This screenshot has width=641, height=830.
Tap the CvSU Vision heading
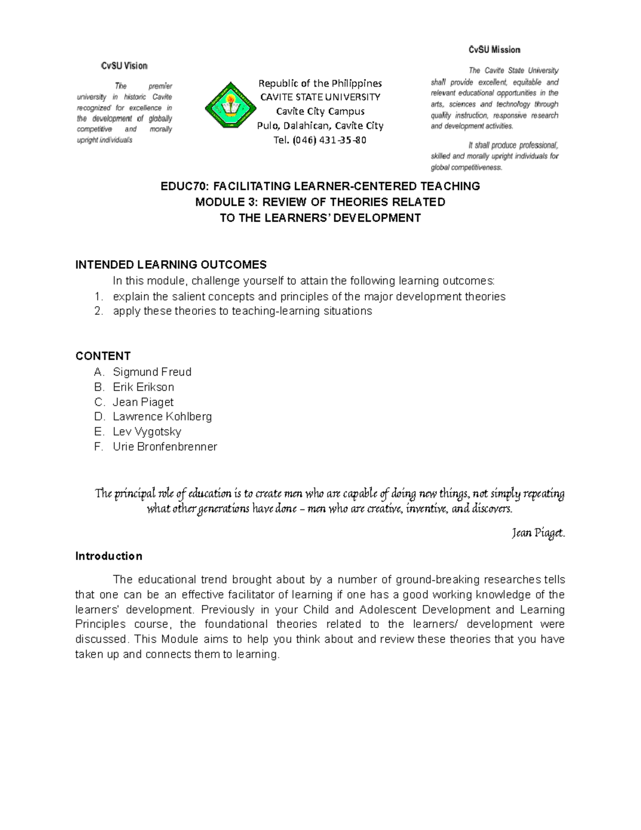(124, 66)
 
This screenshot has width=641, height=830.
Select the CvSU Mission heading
(494, 50)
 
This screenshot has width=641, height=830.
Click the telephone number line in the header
(319, 140)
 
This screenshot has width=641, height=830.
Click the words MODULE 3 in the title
(220, 202)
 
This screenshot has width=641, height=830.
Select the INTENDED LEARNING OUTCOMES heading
(171, 265)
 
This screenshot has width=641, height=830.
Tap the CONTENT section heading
(103, 356)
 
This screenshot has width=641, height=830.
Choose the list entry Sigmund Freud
(152, 372)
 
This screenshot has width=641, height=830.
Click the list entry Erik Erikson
(143, 387)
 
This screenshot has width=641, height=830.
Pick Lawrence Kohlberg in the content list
(162, 416)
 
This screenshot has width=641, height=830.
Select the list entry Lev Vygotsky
(147, 431)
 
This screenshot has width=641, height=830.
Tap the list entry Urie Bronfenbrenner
(165, 446)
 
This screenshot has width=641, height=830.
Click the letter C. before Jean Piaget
(99, 402)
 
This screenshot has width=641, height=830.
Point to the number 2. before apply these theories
(98, 311)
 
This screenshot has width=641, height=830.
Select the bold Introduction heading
(108, 556)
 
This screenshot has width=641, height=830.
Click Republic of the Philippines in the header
(320, 83)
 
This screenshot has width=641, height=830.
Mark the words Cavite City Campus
(320, 112)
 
